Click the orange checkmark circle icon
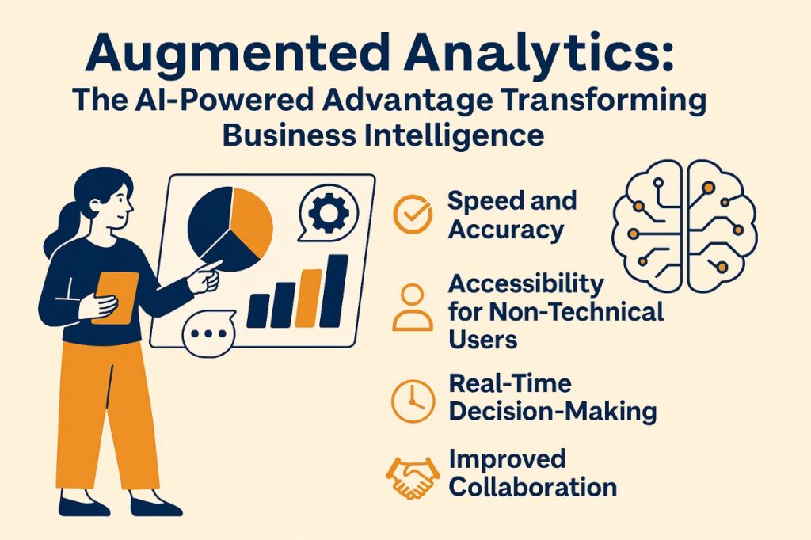pos(412,214)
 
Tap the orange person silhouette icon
pos(412,307)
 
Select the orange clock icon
pos(413,401)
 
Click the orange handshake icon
pos(413,478)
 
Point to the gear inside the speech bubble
pos(329,212)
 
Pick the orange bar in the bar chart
pos(308,299)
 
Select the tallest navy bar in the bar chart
pos(333,291)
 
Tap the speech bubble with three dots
pos(208,333)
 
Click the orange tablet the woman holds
pos(116,298)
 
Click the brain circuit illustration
pos(683,226)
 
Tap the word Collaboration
pos(533,487)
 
